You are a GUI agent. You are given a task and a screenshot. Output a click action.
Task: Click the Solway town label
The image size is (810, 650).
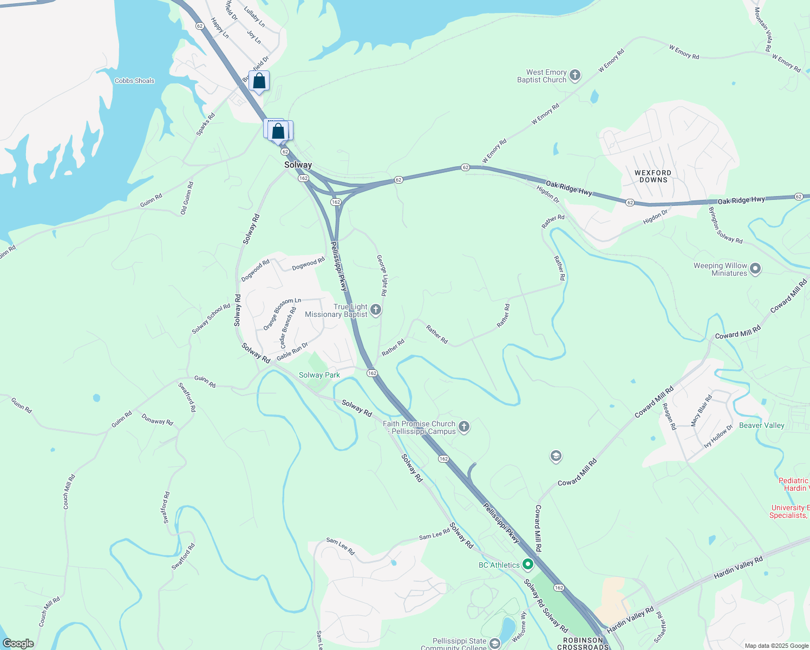point(298,165)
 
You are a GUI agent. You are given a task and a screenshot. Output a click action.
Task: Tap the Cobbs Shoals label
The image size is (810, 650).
point(134,81)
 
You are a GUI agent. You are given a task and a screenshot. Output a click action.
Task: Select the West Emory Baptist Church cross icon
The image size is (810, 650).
point(575,75)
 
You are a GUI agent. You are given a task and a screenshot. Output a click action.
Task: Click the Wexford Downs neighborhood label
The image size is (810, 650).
point(653,176)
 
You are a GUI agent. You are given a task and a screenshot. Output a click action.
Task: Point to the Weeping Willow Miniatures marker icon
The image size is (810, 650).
point(756,269)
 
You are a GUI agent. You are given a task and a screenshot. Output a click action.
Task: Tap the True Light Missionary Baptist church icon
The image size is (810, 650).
point(376,310)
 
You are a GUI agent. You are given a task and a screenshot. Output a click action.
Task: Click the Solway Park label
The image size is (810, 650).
point(319,375)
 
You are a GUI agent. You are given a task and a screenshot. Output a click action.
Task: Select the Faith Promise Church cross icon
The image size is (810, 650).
point(463,427)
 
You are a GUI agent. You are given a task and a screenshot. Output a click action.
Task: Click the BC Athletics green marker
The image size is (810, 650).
point(527,564)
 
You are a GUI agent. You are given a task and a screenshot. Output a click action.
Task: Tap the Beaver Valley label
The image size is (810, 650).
point(761,425)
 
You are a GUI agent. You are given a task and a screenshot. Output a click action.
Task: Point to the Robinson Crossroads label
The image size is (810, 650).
point(583,643)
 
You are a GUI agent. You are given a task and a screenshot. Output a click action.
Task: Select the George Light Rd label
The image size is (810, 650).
point(382,275)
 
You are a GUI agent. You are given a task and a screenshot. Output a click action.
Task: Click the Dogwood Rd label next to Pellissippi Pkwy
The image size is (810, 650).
point(308,264)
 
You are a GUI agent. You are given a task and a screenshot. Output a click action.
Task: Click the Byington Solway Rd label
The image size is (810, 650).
point(726,225)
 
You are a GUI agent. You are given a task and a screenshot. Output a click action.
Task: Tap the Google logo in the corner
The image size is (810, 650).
point(18,643)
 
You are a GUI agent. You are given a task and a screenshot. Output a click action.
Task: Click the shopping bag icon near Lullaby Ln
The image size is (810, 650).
point(259,81)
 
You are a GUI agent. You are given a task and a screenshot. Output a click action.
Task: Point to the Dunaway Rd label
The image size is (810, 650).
point(157,419)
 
